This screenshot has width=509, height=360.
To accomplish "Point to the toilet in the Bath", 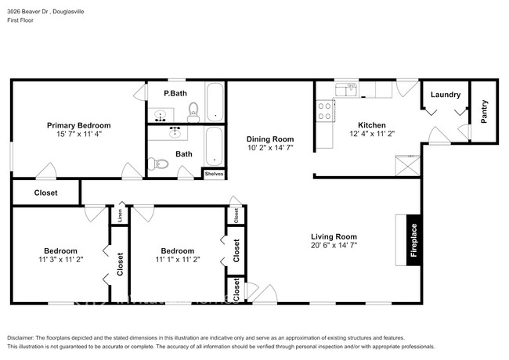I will (x=161, y=164).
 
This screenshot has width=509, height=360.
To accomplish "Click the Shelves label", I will (x=214, y=174).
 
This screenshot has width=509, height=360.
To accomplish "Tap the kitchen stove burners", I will (x=323, y=111).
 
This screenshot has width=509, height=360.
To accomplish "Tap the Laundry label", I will (x=445, y=95).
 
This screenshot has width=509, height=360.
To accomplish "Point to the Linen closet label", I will (x=120, y=217).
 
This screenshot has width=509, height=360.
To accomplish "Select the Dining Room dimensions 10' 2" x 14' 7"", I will (x=270, y=147).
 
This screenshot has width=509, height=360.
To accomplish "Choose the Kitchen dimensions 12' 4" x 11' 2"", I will (x=372, y=134).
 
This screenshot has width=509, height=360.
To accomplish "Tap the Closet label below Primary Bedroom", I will (x=45, y=193).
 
